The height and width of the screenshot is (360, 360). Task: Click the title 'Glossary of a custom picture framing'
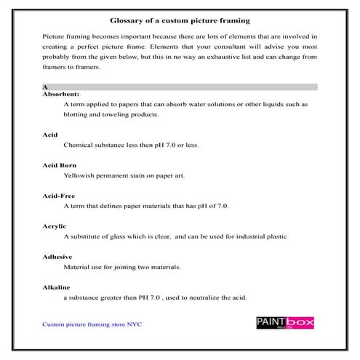[x=180, y=20]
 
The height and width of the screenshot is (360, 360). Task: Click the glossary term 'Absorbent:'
[x=61, y=94]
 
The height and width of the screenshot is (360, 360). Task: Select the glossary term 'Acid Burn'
[x=59, y=165]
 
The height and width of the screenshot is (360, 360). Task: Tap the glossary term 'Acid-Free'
[x=59, y=196]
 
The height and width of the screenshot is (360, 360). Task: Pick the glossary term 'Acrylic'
[x=55, y=226]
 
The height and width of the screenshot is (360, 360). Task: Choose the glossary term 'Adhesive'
[x=57, y=257]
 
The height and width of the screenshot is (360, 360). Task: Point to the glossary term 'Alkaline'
[x=57, y=288]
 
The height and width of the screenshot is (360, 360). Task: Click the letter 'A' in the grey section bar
[x=46, y=87]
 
